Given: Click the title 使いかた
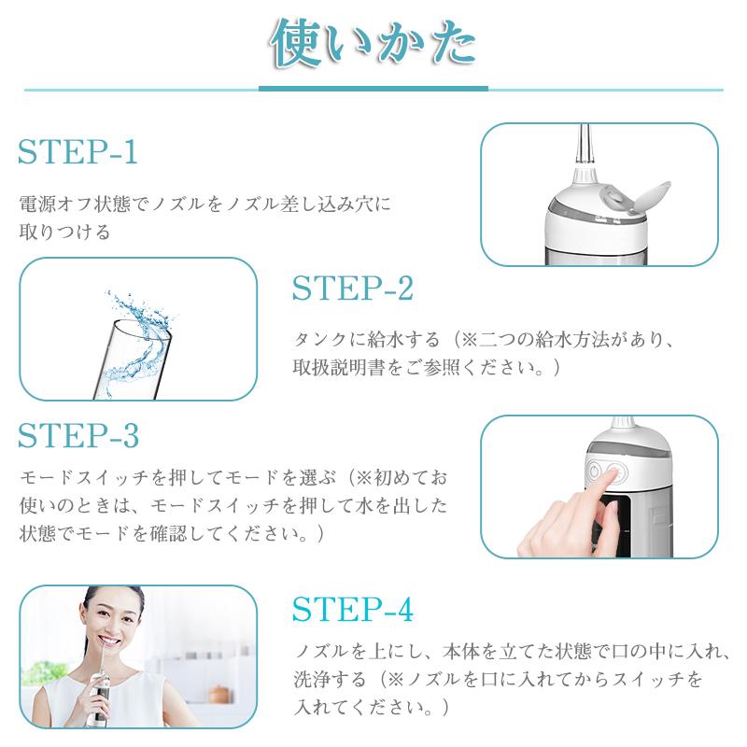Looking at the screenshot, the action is pos(373,44).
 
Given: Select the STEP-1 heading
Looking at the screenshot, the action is pos(78,152).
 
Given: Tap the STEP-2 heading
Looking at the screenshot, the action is pos(353,289).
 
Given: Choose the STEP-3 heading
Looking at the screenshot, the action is pos(78,435).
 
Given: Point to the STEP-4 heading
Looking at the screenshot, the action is pos(353,610).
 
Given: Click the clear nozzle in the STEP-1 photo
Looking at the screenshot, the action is pos(585,146).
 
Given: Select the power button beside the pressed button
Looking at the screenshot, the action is pos(594,472).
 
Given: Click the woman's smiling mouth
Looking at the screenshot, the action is pos(109,641).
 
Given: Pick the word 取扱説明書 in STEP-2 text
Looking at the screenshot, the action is pos(339,367).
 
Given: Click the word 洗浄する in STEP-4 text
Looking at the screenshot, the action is pos(330,679).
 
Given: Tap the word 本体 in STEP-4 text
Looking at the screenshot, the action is pos(461,651).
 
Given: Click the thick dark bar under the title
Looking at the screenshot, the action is pos(373,89).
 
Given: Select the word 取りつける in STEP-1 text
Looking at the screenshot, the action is pos(64,232).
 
